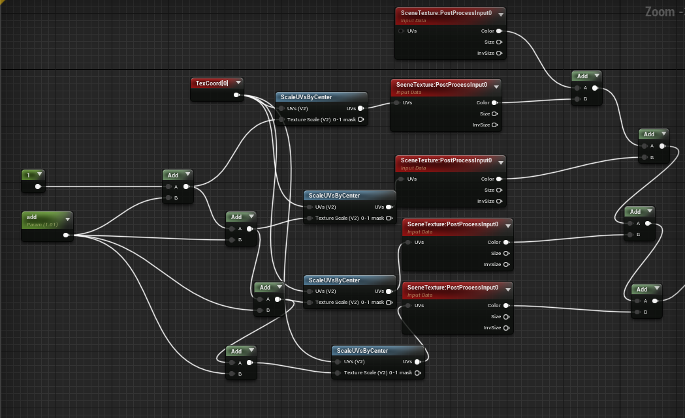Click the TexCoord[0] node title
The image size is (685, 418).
(x=212, y=83)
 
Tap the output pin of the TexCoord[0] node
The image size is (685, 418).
(x=236, y=95)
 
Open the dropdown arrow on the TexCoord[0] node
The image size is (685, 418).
(x=238, y=82)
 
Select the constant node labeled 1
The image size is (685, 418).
(x=33, y=181)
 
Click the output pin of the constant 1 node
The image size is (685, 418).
(x=38, y=187)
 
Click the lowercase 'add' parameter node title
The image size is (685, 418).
(x=31, y=217)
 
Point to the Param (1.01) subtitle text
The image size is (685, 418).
(x=42, y=225)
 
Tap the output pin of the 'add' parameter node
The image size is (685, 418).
(x=66, y=235)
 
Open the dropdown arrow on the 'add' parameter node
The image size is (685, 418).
(x=68, y=219)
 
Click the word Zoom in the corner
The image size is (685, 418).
(x=660, y=12)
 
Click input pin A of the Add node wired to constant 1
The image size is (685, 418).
(x=168, y=187)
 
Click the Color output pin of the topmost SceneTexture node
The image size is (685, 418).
(x=499, y=31)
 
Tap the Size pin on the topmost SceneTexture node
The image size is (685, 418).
(x=499, y=42)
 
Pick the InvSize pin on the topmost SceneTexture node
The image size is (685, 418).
(x=499, y=53)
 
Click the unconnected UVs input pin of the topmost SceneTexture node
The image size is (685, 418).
(x=401, y=31)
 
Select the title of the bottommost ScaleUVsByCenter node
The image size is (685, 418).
(x=362, y=350)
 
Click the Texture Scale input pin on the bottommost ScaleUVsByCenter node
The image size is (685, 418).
(x=338, y=373)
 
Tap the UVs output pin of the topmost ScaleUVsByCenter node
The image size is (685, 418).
(x=360, y=108)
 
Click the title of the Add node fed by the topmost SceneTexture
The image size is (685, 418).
(x=582, y=76)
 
